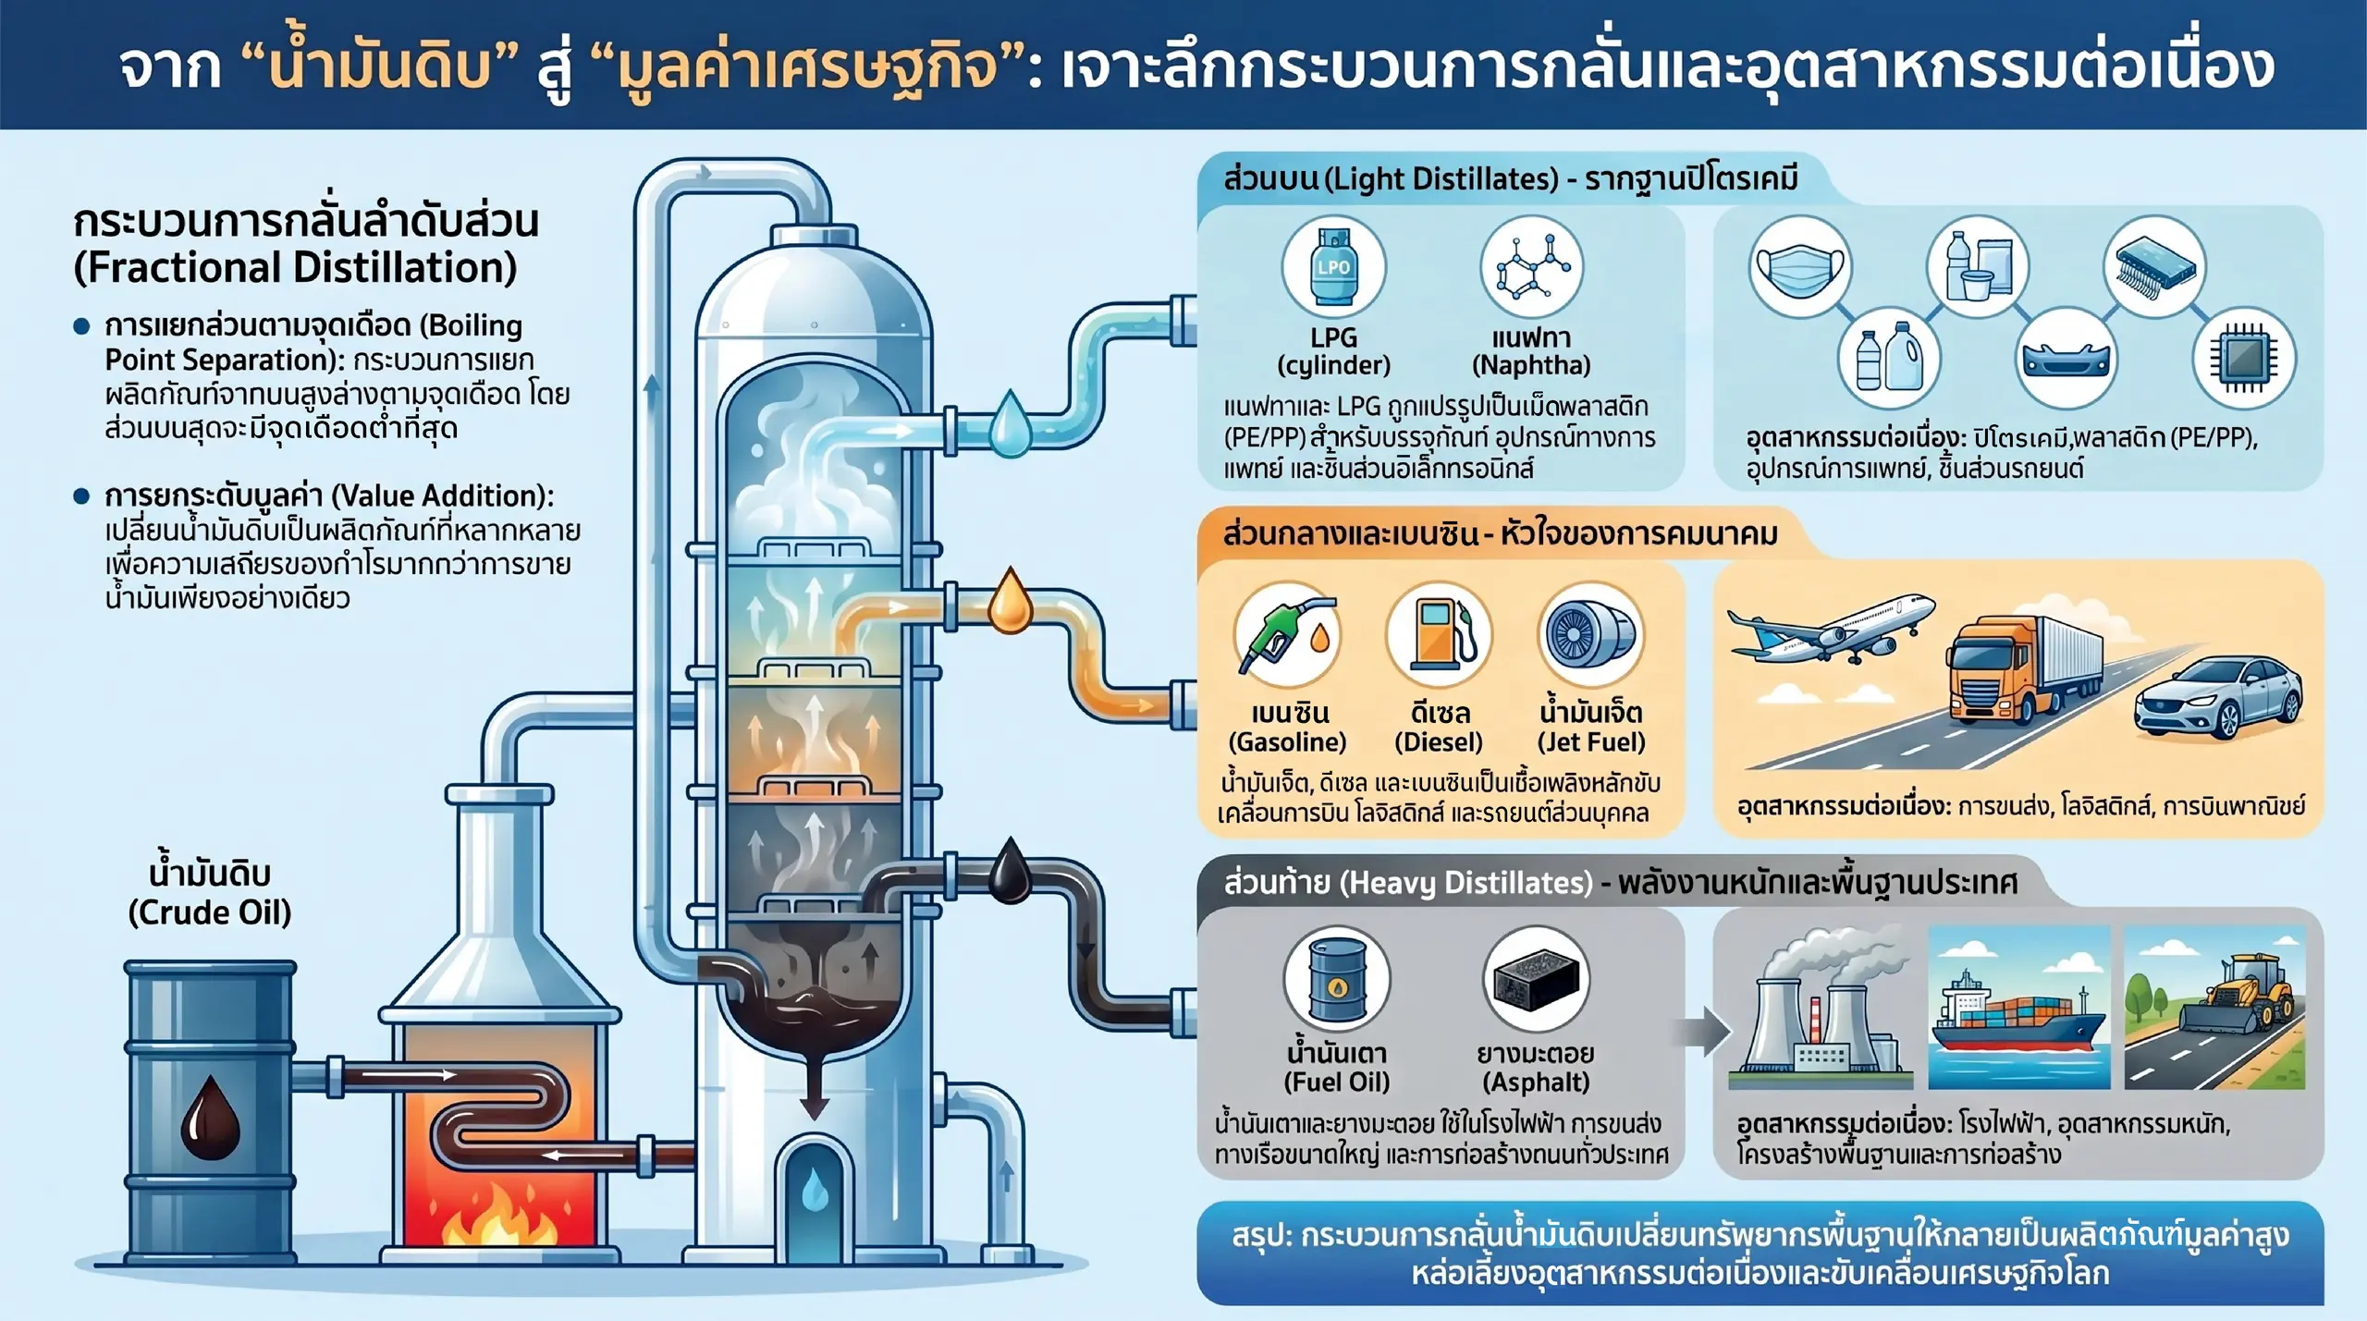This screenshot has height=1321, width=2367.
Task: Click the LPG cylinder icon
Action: pyautogui.click(x=1333, y=266)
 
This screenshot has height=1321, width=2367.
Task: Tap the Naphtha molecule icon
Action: pyautogui.click(x=1532, y=266)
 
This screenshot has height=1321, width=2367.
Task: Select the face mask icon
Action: pyautogui.click(x=1800, y=267)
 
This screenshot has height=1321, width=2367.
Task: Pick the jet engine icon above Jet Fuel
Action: pyautogui.click(x=1590, y=634)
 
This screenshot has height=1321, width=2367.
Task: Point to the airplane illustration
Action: pyautogui.click(x=1830, y=628)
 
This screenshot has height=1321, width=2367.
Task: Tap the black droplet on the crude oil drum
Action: pyautogui.click(x=210, y=1118)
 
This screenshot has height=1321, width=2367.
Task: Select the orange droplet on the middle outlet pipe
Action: pyautogui.click(x=1011, y=602)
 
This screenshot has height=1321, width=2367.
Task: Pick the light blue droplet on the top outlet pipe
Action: pyautogui.click(x=1011, y=424)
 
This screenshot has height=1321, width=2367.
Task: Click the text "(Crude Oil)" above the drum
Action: pyautogui.click(x=210, y=913)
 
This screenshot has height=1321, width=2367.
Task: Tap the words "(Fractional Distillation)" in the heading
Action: pyautogui.click(x=295, y=268)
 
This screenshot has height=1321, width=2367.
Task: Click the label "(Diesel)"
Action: pyautogui.click(x=1439, y=742)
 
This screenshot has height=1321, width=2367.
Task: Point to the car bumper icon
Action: pyautogui.click(x=2067, y=360)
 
